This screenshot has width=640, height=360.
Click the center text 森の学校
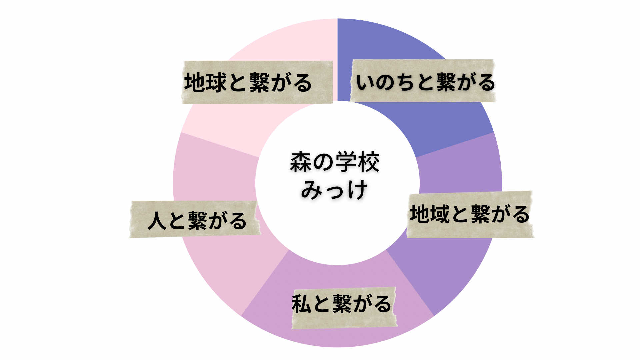pyautogui.click(x=335, y=162)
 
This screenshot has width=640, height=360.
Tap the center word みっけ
pyautogui.click(x=335, y=190)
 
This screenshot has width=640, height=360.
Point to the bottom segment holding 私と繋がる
pyautogui.click(x=337, y=333)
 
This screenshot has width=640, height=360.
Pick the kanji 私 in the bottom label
pyautogui.click(x=302, y=304)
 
